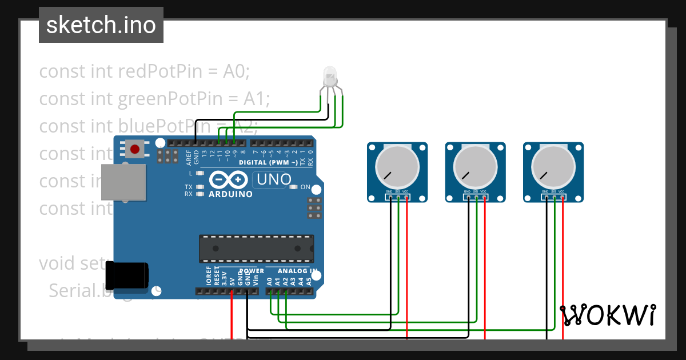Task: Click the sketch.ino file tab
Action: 101,25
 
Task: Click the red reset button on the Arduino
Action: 135,150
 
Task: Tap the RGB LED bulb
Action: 330,76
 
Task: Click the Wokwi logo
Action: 607,315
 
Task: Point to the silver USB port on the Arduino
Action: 122,182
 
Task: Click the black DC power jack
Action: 129,275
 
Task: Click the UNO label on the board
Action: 274,179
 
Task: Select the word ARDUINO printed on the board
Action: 230,194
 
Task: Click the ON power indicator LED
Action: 293,187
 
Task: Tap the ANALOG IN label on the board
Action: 297,271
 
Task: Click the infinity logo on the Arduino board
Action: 230,179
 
